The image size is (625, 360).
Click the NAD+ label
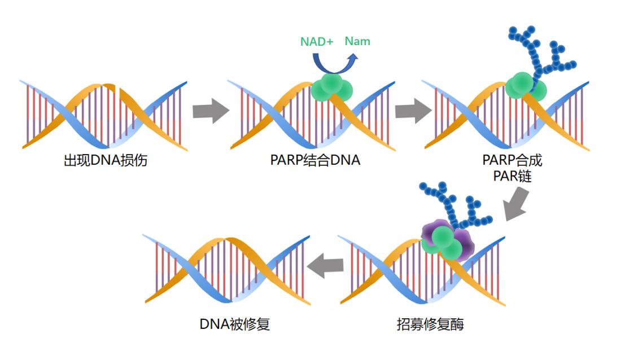(316, 41)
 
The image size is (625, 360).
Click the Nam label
(357, 41)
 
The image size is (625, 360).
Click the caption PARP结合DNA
(315, 161)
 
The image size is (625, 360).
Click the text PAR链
(512, 176)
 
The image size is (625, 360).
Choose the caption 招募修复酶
(430, 324)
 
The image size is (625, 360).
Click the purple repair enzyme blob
(462, 243)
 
